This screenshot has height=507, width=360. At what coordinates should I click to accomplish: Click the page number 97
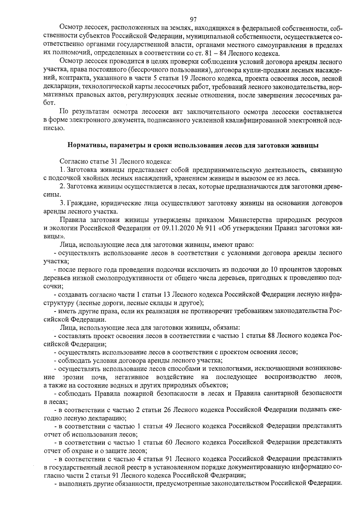coord(193,20)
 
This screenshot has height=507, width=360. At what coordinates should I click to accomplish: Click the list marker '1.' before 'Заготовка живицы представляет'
coord(62,170)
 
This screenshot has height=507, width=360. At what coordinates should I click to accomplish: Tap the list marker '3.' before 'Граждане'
coord(62,203)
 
